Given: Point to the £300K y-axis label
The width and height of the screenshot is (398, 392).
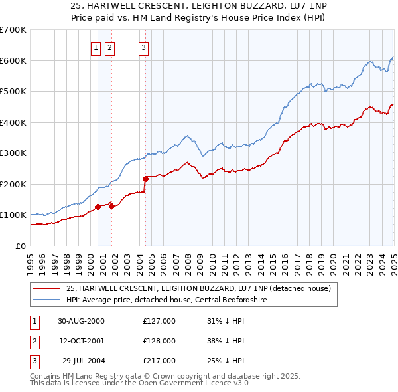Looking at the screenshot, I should tap(13, 153).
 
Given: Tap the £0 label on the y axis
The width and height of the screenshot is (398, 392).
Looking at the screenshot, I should tap(21, 246).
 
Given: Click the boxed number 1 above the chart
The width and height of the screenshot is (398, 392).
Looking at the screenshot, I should tap(96, 47).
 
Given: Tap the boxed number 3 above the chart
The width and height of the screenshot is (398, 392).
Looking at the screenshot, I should tap(143, 47).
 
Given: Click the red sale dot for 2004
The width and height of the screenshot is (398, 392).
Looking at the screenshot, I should tap(145, 179).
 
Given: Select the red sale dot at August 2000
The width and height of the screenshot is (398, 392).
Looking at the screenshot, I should tap(98, 207).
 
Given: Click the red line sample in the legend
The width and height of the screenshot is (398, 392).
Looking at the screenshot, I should tap(48, 289).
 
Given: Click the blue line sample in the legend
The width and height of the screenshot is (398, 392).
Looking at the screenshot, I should tap(48, 300).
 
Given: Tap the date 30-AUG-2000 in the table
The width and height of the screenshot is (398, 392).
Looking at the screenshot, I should tap(81, 321).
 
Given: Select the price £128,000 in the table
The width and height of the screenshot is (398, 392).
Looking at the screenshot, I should tap(159, 341).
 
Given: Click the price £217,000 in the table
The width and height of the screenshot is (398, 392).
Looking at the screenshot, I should tap(159, 361).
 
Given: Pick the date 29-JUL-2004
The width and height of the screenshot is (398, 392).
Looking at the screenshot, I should tap(81, 361).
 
